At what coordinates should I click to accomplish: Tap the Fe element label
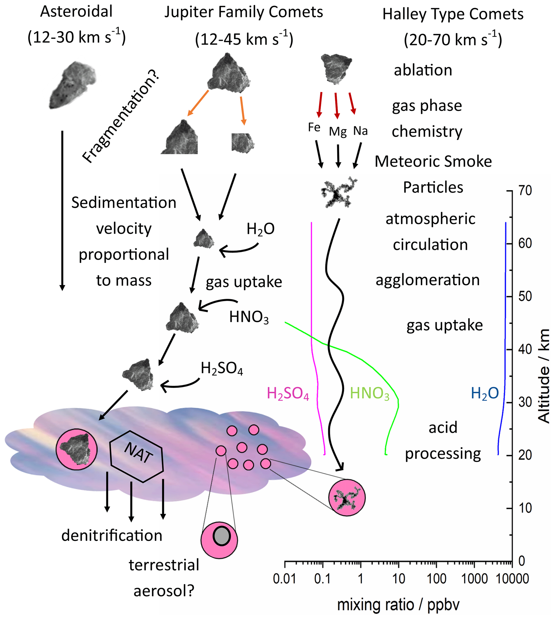314,127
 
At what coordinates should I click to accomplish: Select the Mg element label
338,131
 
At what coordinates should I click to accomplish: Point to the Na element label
360,131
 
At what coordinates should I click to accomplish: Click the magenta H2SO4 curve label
288,394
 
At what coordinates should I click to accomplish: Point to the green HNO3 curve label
370,394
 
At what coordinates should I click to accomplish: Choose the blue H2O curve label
484,393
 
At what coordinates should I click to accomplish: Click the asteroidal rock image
73,85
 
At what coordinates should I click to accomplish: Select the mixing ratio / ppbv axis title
398,605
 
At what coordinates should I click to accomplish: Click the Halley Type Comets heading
453,14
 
